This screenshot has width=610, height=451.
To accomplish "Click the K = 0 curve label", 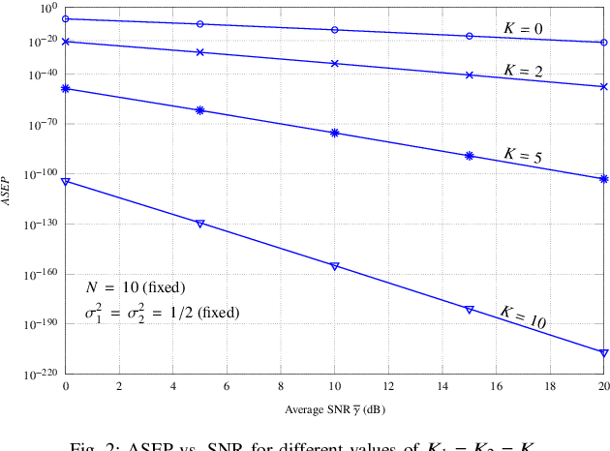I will [x=523, y=28].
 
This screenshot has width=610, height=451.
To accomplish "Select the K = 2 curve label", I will [x=523, y=71].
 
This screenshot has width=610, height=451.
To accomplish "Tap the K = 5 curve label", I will [x=523, y=155].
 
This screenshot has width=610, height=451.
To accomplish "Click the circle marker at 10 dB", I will [x=335, y=30].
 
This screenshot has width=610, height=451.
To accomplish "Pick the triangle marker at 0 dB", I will [x=65, y=181].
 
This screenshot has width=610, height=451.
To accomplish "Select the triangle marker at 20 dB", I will [x=604, y=352].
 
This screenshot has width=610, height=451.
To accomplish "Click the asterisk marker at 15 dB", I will [x=470, y=156].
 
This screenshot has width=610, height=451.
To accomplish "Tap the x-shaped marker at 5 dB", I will [x=199, y=52].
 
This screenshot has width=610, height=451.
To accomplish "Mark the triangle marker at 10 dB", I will [x=335, y=266].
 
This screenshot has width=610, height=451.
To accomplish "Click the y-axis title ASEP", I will [x=8, y=190].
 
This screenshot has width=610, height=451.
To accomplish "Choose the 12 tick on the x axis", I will [x=388, y=387].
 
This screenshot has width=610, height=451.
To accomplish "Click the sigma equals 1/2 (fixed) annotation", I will [x=162, y=313].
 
